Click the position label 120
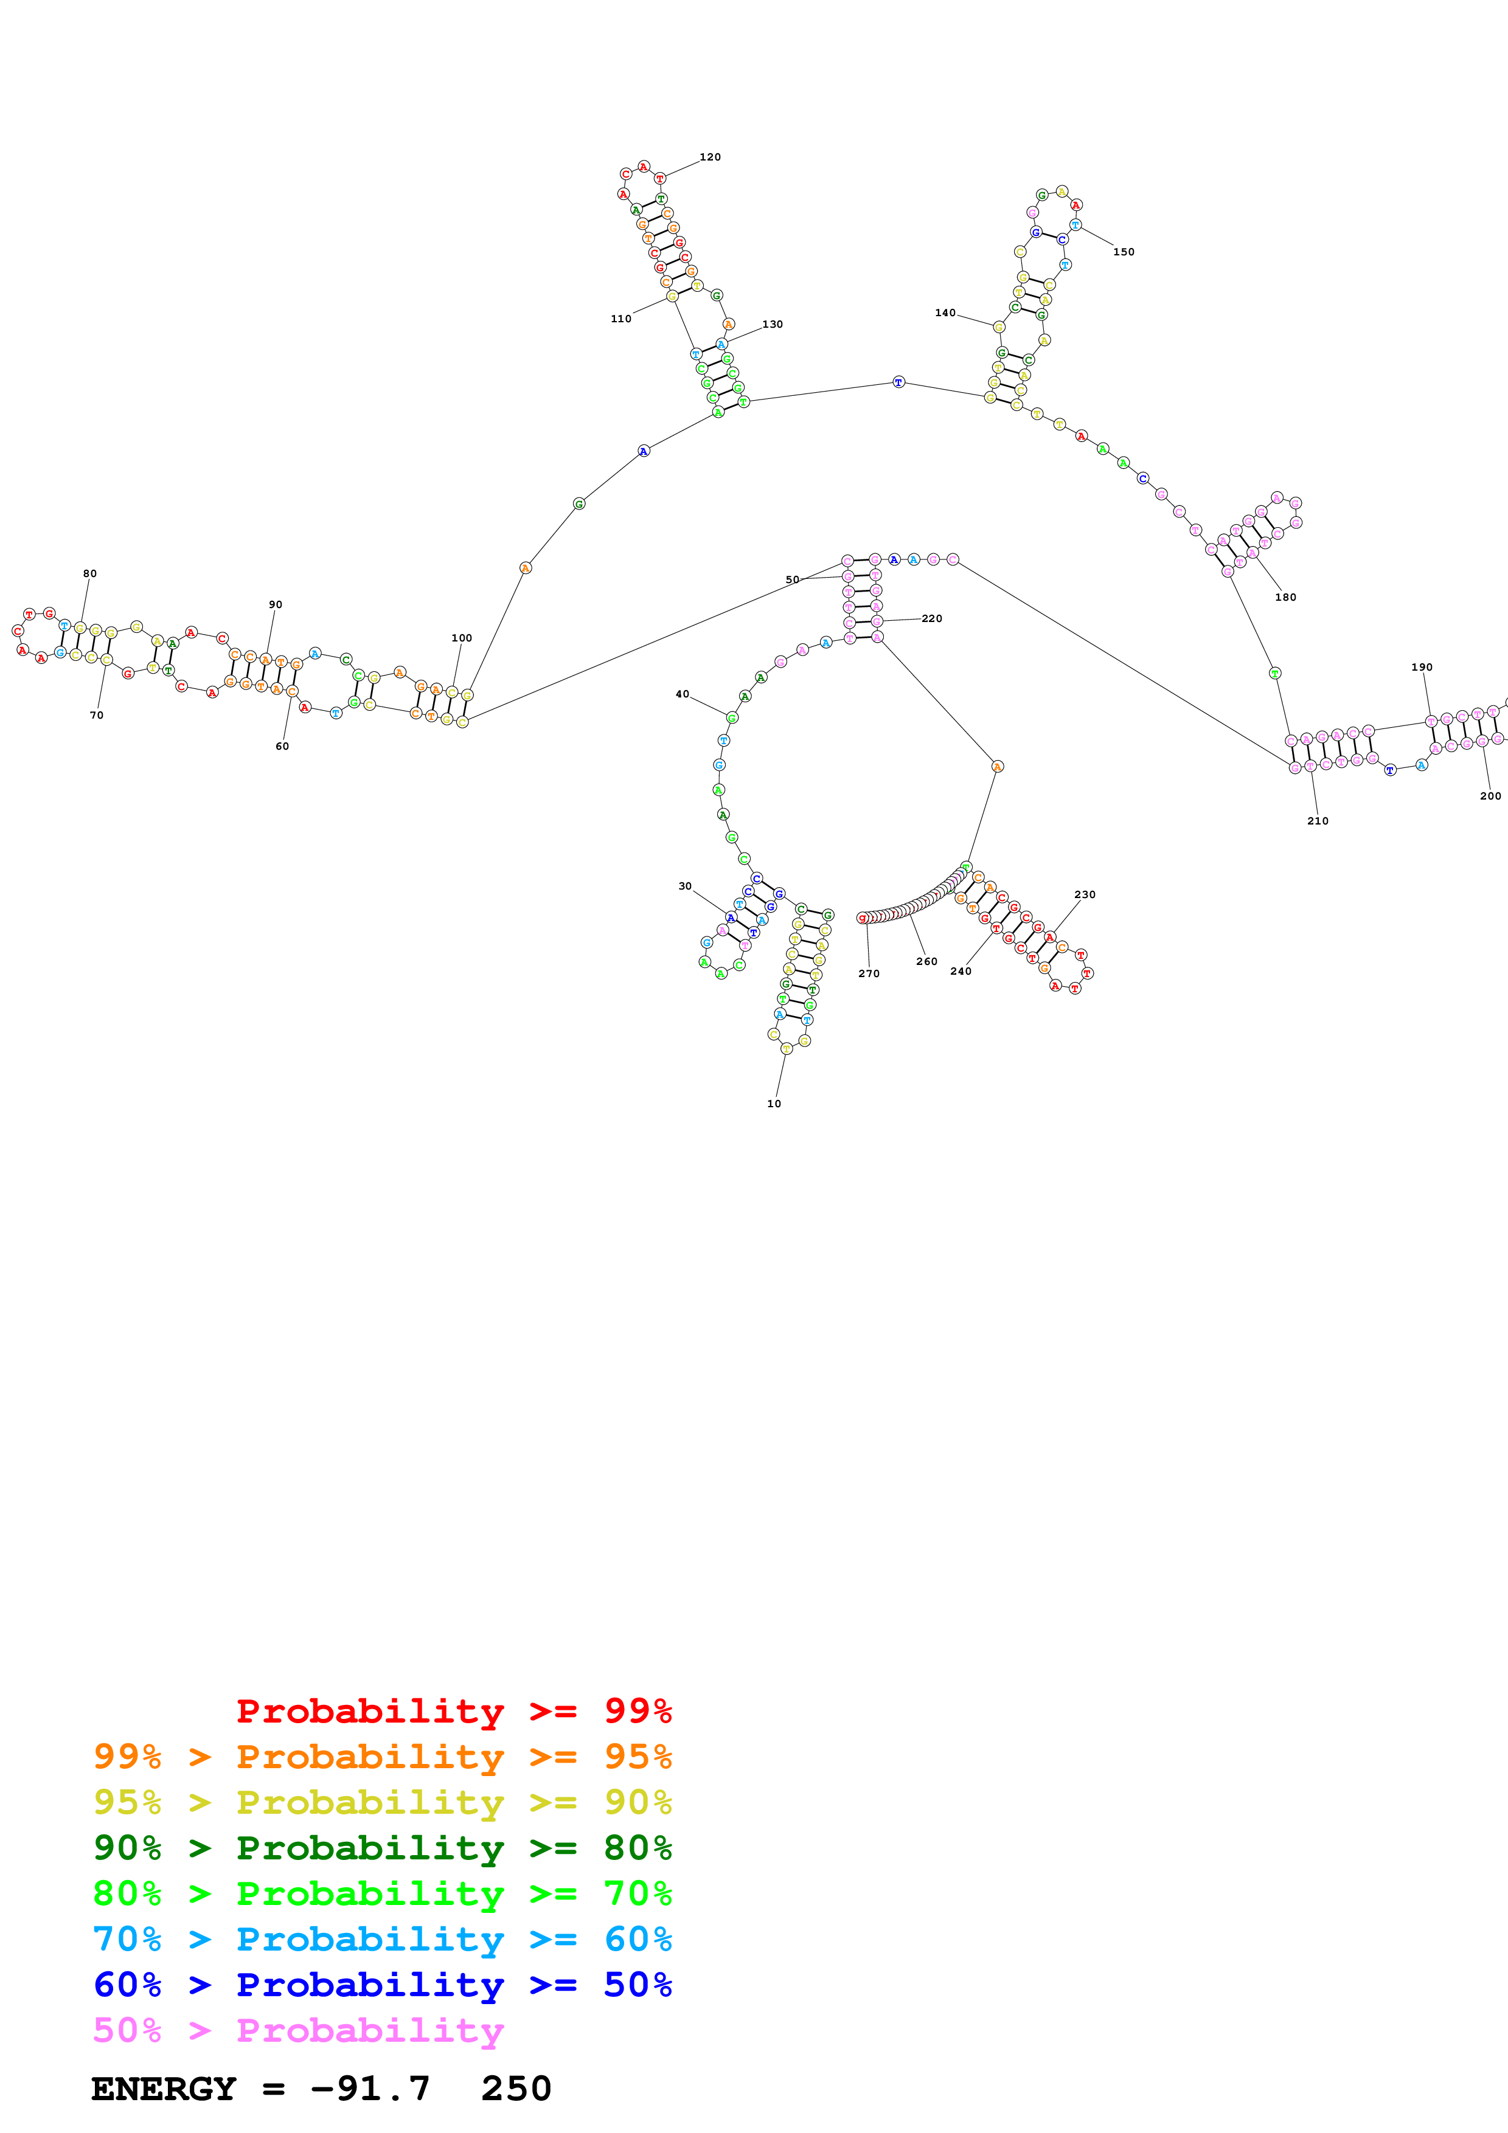coord(710,157)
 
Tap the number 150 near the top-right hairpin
coord(1124,252)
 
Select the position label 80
coord(90,573)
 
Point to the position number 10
coord(774,1104)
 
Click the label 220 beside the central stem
coord(932,619)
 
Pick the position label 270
coord(869,973)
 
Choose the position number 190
coord(1422,667)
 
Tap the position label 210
coord(1318,821)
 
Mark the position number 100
coord(462,638)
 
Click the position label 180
coord(1285,597)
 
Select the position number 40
coord(682,694)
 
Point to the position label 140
coord(945,313)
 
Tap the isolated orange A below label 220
coord(997,766)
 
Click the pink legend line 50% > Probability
coord(298,2031)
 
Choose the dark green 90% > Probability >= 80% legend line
coord(382,1848)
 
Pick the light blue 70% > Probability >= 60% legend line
coord(382,1939)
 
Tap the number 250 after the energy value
coord(516,2089)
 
